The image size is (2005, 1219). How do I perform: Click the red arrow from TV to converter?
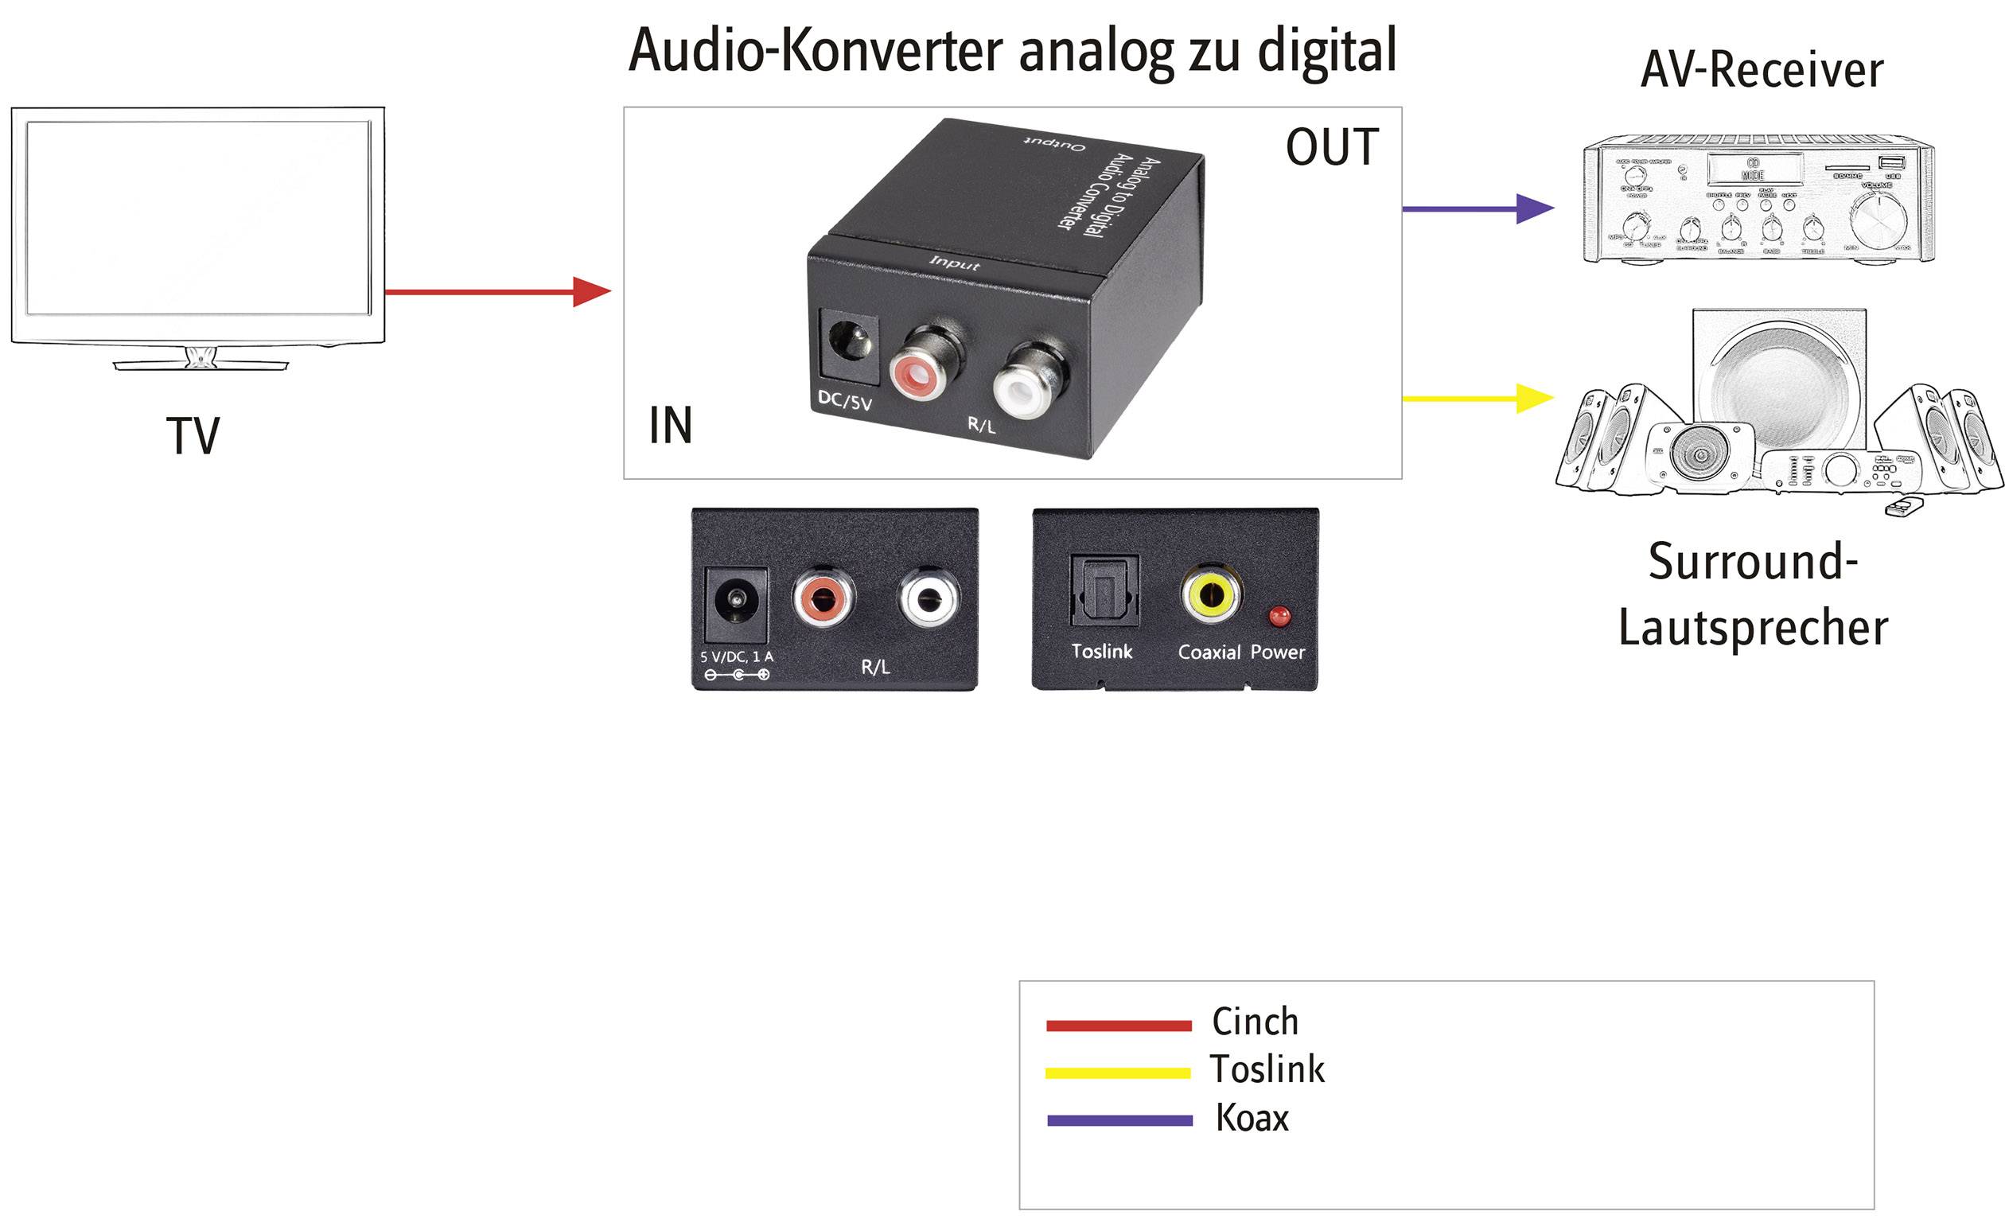(x=496, y=291)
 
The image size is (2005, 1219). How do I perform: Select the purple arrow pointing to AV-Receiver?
(x=1477, y=209)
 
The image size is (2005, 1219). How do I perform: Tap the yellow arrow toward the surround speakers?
(x=1477, y=399)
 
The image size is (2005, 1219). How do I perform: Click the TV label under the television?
(x=193, y=436)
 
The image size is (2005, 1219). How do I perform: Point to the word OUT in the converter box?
(x=1332, y=147)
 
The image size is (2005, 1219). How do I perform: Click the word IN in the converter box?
(x=671, y=426)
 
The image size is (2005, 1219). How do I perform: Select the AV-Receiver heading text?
(x=1762, y=70)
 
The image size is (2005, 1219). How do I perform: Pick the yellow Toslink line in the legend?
(x=1118, y=1073)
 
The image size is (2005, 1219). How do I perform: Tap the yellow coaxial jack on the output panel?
(x=1211, y=595)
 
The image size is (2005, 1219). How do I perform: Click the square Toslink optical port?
(x=1104, y=592)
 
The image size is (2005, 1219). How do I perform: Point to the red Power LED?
(x=1279, y=615)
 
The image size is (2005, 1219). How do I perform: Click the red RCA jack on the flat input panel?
(x=823, y=599)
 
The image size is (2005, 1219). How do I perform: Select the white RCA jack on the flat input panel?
(x=929, y=599)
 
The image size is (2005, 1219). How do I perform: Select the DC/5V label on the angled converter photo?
(x=845, y=400)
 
